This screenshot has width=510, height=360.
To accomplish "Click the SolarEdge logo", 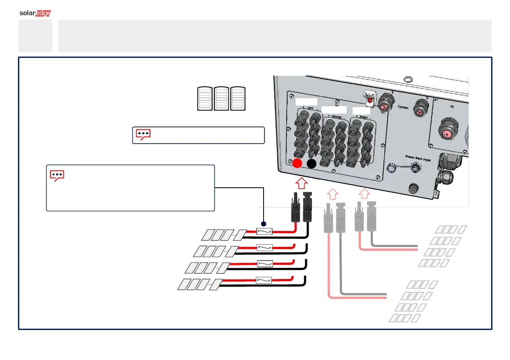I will click(36, 13).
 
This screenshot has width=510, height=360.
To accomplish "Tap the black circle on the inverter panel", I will click(312, 163).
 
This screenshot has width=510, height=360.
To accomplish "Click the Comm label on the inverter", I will click(403, 107).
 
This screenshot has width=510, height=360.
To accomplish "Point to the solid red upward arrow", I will click(301, 183).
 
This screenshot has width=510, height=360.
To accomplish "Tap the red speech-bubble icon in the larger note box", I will click(57, 175).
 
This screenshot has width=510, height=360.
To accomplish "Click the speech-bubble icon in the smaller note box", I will click(143, 134).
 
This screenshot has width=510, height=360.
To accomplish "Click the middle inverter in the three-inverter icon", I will click(222, 99).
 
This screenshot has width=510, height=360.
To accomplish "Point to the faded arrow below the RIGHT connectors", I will click(363, 193).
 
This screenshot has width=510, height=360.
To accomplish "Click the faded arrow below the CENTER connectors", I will click(333, 193).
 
